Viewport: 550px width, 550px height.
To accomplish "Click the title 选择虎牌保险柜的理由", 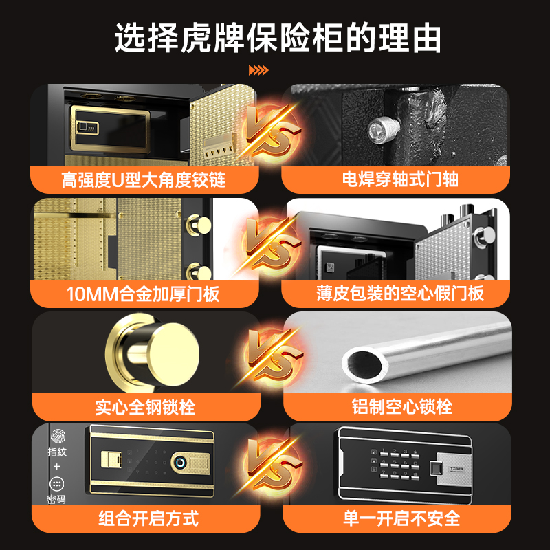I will (275, 38).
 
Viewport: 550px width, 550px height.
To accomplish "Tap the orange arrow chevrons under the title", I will (258, 70).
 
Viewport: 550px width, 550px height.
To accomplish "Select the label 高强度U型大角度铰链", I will (144, 181).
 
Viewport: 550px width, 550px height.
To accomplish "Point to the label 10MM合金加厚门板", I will (144, 294).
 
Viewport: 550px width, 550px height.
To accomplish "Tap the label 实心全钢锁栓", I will (145, 407).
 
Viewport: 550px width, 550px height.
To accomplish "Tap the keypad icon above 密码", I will (57, 484).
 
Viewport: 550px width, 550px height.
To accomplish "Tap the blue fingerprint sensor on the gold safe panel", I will (181, 464).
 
